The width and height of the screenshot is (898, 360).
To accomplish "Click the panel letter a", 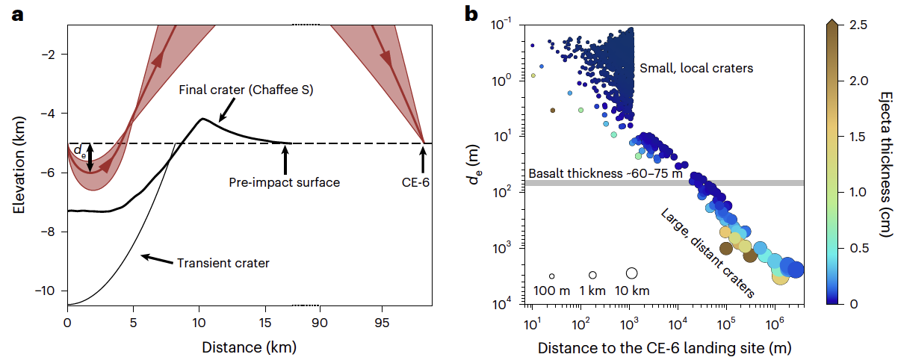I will click(16, 14).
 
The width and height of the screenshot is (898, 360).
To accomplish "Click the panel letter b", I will click(471, 14).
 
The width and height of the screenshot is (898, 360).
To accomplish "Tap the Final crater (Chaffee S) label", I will click(245, 90).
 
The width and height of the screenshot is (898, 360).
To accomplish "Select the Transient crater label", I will click(223, 263).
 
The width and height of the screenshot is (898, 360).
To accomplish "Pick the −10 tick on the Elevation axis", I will click(51, 291).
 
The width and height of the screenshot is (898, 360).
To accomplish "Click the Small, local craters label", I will click(696, 68).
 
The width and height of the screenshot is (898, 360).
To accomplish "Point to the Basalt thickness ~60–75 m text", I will click(605, 173).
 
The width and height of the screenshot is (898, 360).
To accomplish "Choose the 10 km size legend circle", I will click(631, 273).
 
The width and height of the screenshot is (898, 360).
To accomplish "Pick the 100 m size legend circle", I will click(552, 276).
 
